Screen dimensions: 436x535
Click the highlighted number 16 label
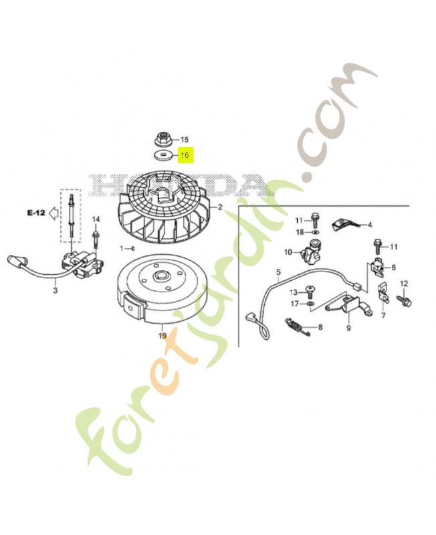click(x=185, y=155)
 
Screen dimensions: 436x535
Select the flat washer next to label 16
click(x=163, y=156)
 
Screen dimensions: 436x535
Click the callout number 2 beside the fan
click(x=220, y=207)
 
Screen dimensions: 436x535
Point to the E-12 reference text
click(x=36, y=213)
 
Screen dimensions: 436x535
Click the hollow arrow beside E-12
click(x=54, y=213)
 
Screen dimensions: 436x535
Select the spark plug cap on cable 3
click(x=15, y=263)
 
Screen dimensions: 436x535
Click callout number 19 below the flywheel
click(x=162, y=336)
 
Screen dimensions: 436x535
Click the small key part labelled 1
click(x=133, y=248)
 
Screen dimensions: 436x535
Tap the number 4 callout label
click(x=370, y=225)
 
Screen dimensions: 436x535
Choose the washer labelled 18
click(x=316, y=232)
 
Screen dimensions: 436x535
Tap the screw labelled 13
click(x=310, y=292)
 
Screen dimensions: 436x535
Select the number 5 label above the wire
click(x=279, y=272)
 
